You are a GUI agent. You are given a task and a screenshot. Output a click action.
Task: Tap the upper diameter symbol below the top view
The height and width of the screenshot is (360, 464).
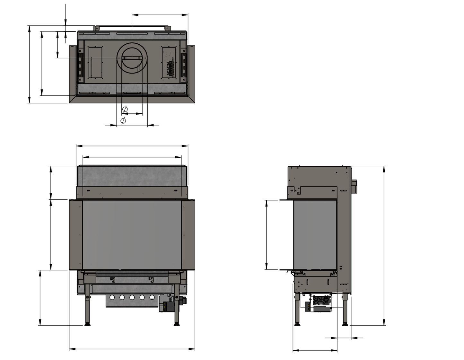pos(125,109)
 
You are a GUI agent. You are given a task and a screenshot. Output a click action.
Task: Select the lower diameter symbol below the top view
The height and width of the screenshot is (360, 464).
pos(123,121)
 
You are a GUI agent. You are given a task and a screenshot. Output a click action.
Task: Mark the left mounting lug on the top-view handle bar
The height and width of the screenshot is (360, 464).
pos(96,29)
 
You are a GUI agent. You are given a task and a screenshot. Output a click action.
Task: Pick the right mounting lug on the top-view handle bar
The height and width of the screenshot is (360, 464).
pos(167,29)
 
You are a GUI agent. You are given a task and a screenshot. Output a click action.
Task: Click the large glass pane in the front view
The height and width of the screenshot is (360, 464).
pos(132,234)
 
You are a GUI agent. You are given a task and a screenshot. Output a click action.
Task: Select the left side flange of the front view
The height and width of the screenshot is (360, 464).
pos(76,234)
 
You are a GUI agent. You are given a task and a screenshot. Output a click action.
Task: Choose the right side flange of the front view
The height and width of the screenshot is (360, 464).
pos(188,234)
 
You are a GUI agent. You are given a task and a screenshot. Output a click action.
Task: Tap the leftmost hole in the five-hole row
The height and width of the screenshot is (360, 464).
pos(112,298)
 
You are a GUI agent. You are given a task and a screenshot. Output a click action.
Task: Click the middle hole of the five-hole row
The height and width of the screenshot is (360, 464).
pos(132,298)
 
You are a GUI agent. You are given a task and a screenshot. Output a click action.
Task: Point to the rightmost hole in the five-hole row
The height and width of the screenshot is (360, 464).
pos(152,298)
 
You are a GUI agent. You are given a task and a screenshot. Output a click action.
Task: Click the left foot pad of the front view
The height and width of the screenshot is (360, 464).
pos(87,325)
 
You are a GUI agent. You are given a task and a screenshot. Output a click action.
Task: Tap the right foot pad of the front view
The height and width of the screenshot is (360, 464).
pos(177,325)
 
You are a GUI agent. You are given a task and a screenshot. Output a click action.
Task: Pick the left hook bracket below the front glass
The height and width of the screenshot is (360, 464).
pos(112,280)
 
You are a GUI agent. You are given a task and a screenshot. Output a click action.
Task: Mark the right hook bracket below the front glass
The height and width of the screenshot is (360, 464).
pos(151,280)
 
